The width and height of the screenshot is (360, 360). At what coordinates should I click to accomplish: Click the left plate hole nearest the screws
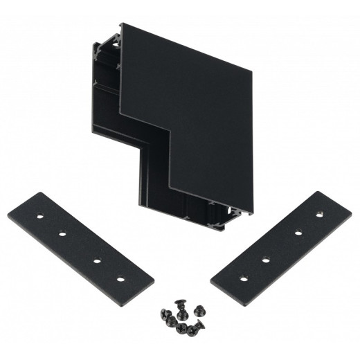(x=123, y=280)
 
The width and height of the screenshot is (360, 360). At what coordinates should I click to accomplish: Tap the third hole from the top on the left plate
(x=94, y=260)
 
